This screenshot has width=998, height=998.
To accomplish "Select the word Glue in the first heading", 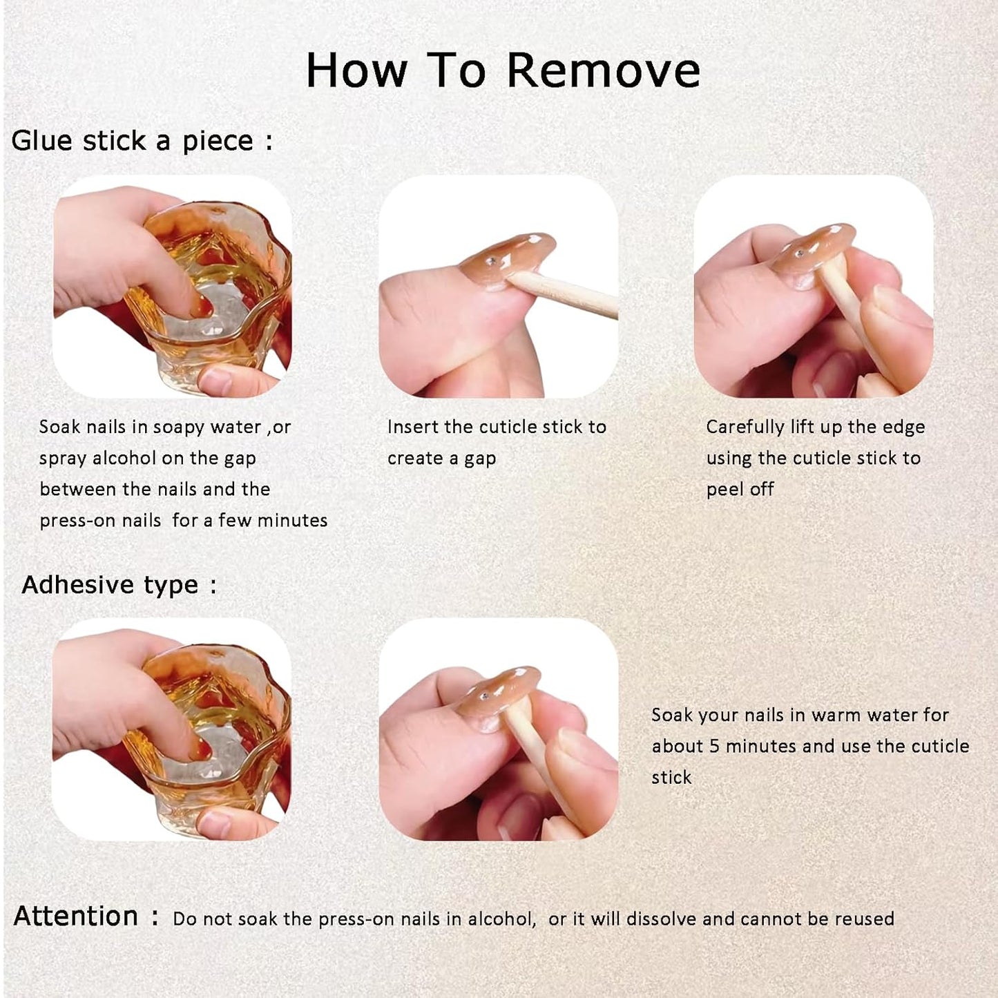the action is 42,141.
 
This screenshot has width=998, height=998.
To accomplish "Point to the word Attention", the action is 75,916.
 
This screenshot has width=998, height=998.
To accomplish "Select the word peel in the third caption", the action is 725,490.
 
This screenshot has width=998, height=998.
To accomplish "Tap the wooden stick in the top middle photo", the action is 562,295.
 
